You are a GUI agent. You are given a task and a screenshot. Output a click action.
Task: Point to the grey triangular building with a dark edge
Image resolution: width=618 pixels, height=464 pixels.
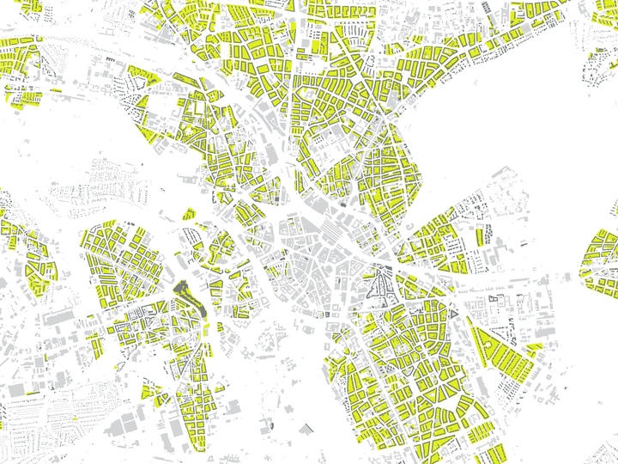(x=308, y=427)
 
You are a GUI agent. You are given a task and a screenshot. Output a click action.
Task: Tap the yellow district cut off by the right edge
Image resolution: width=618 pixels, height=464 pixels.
(x=601, y=258)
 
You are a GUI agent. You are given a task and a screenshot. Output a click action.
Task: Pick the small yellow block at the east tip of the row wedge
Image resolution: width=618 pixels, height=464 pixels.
(x=535, y=349)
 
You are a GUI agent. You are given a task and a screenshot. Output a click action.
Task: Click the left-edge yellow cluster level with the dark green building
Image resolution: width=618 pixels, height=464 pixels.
(x=26, y=258)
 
